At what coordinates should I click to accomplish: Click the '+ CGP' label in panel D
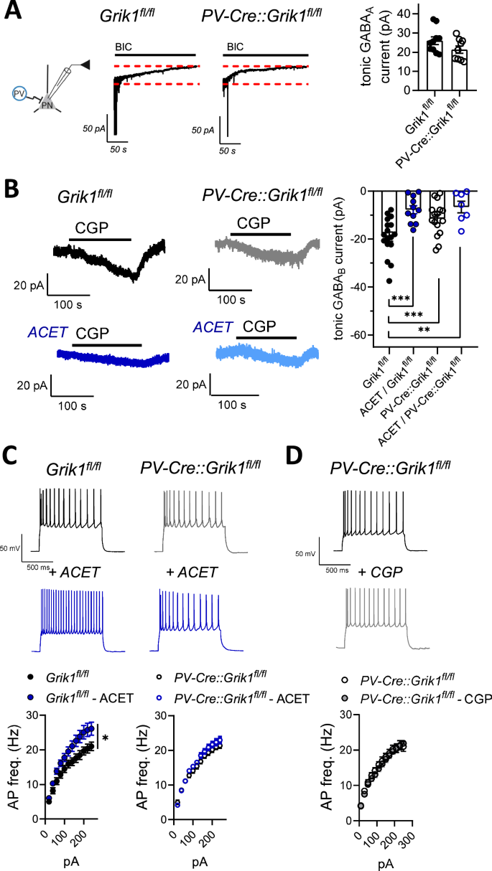click(x=371, y=572)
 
